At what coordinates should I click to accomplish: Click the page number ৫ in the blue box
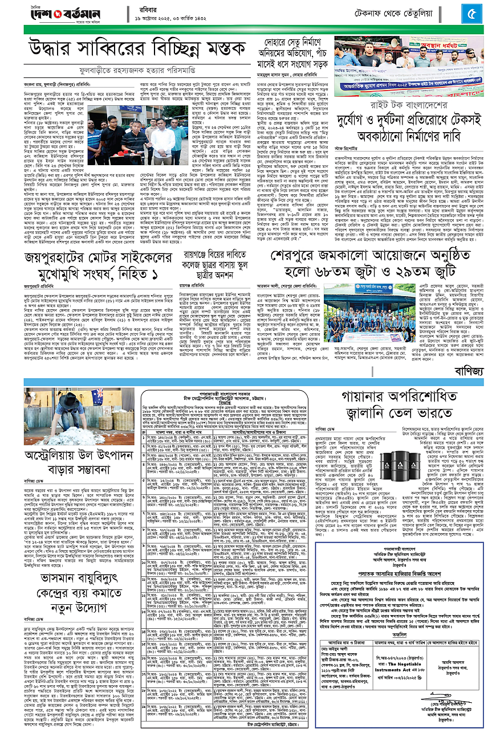pos(472,12)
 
